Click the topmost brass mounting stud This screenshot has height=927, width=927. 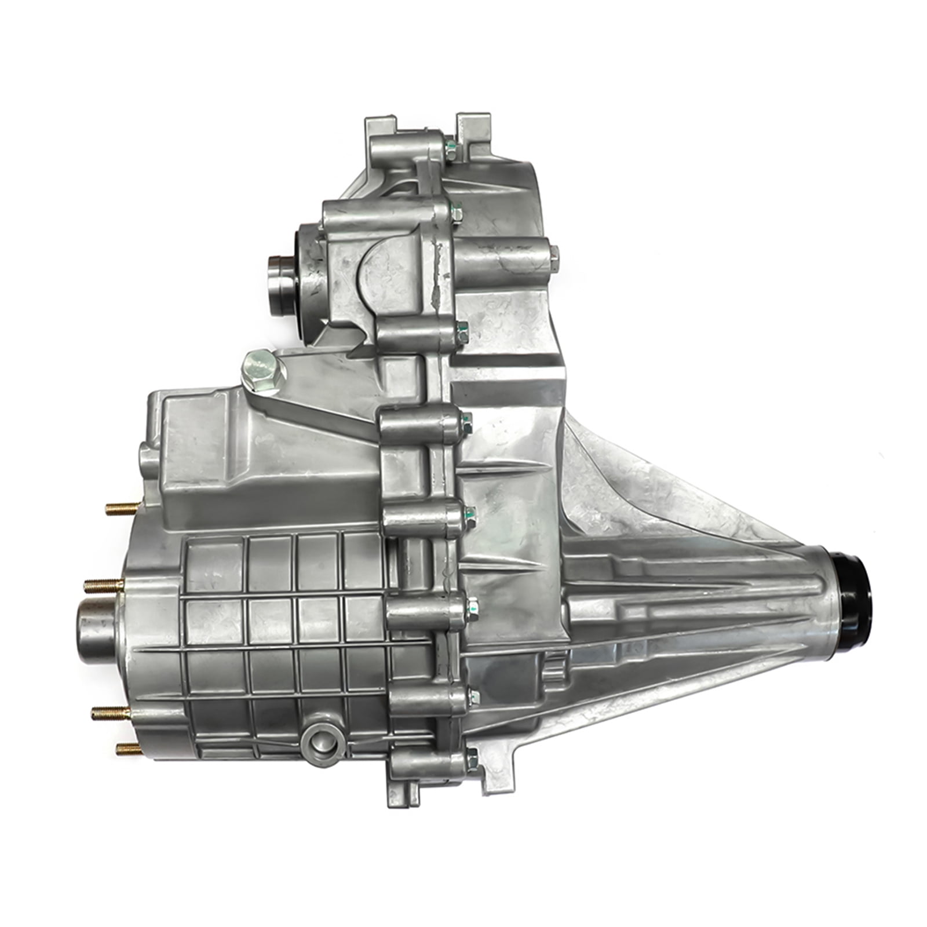[x=122, y=508]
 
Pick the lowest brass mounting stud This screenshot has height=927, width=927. [x=129, y=749]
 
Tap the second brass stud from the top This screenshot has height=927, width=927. [x=104, y=585]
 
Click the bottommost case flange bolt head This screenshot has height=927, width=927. [x=472, y=756]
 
